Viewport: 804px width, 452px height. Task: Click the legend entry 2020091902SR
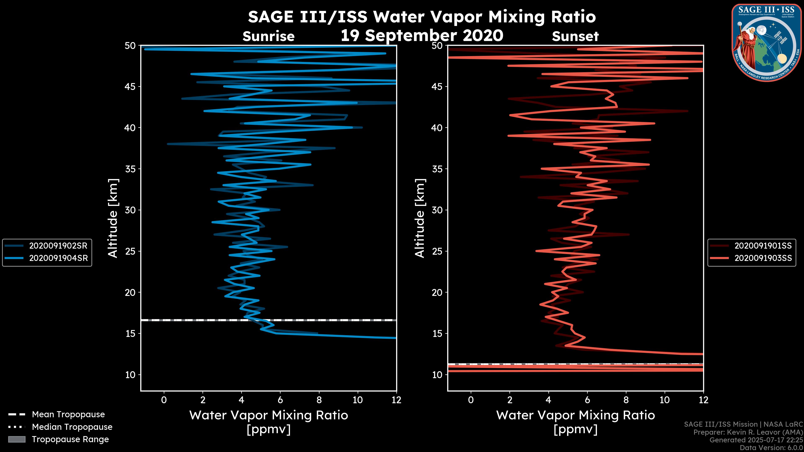(58, 246)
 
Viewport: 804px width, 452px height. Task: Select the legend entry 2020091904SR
(58, 258)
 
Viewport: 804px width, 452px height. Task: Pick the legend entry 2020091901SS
(763, 246)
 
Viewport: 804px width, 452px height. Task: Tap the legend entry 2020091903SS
(763, 258)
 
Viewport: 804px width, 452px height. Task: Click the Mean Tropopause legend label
(68, 414)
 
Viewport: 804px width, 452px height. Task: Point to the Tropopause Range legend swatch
(17, 439)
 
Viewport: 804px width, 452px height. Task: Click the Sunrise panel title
(268, 36)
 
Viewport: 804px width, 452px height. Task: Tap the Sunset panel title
(575, 36)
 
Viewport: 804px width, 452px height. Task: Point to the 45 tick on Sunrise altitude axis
(130, 86)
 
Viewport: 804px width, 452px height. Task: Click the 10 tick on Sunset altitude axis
(437, 375)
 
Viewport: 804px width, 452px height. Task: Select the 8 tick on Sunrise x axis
(319, 400)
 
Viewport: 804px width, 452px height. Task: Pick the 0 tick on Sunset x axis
(471, 400)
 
